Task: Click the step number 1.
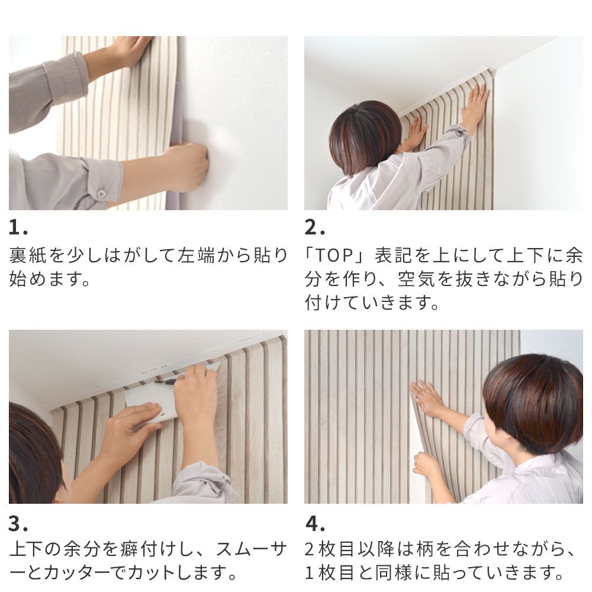(x=18, y=228)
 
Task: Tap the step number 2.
(x=314, y=228)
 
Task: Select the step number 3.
(x=18, y=524)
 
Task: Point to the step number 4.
(x=314, y=524)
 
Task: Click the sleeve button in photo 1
(x=101, y=194)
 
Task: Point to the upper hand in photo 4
(x=427, y=398)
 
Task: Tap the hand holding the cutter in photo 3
(x=195, y=394)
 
